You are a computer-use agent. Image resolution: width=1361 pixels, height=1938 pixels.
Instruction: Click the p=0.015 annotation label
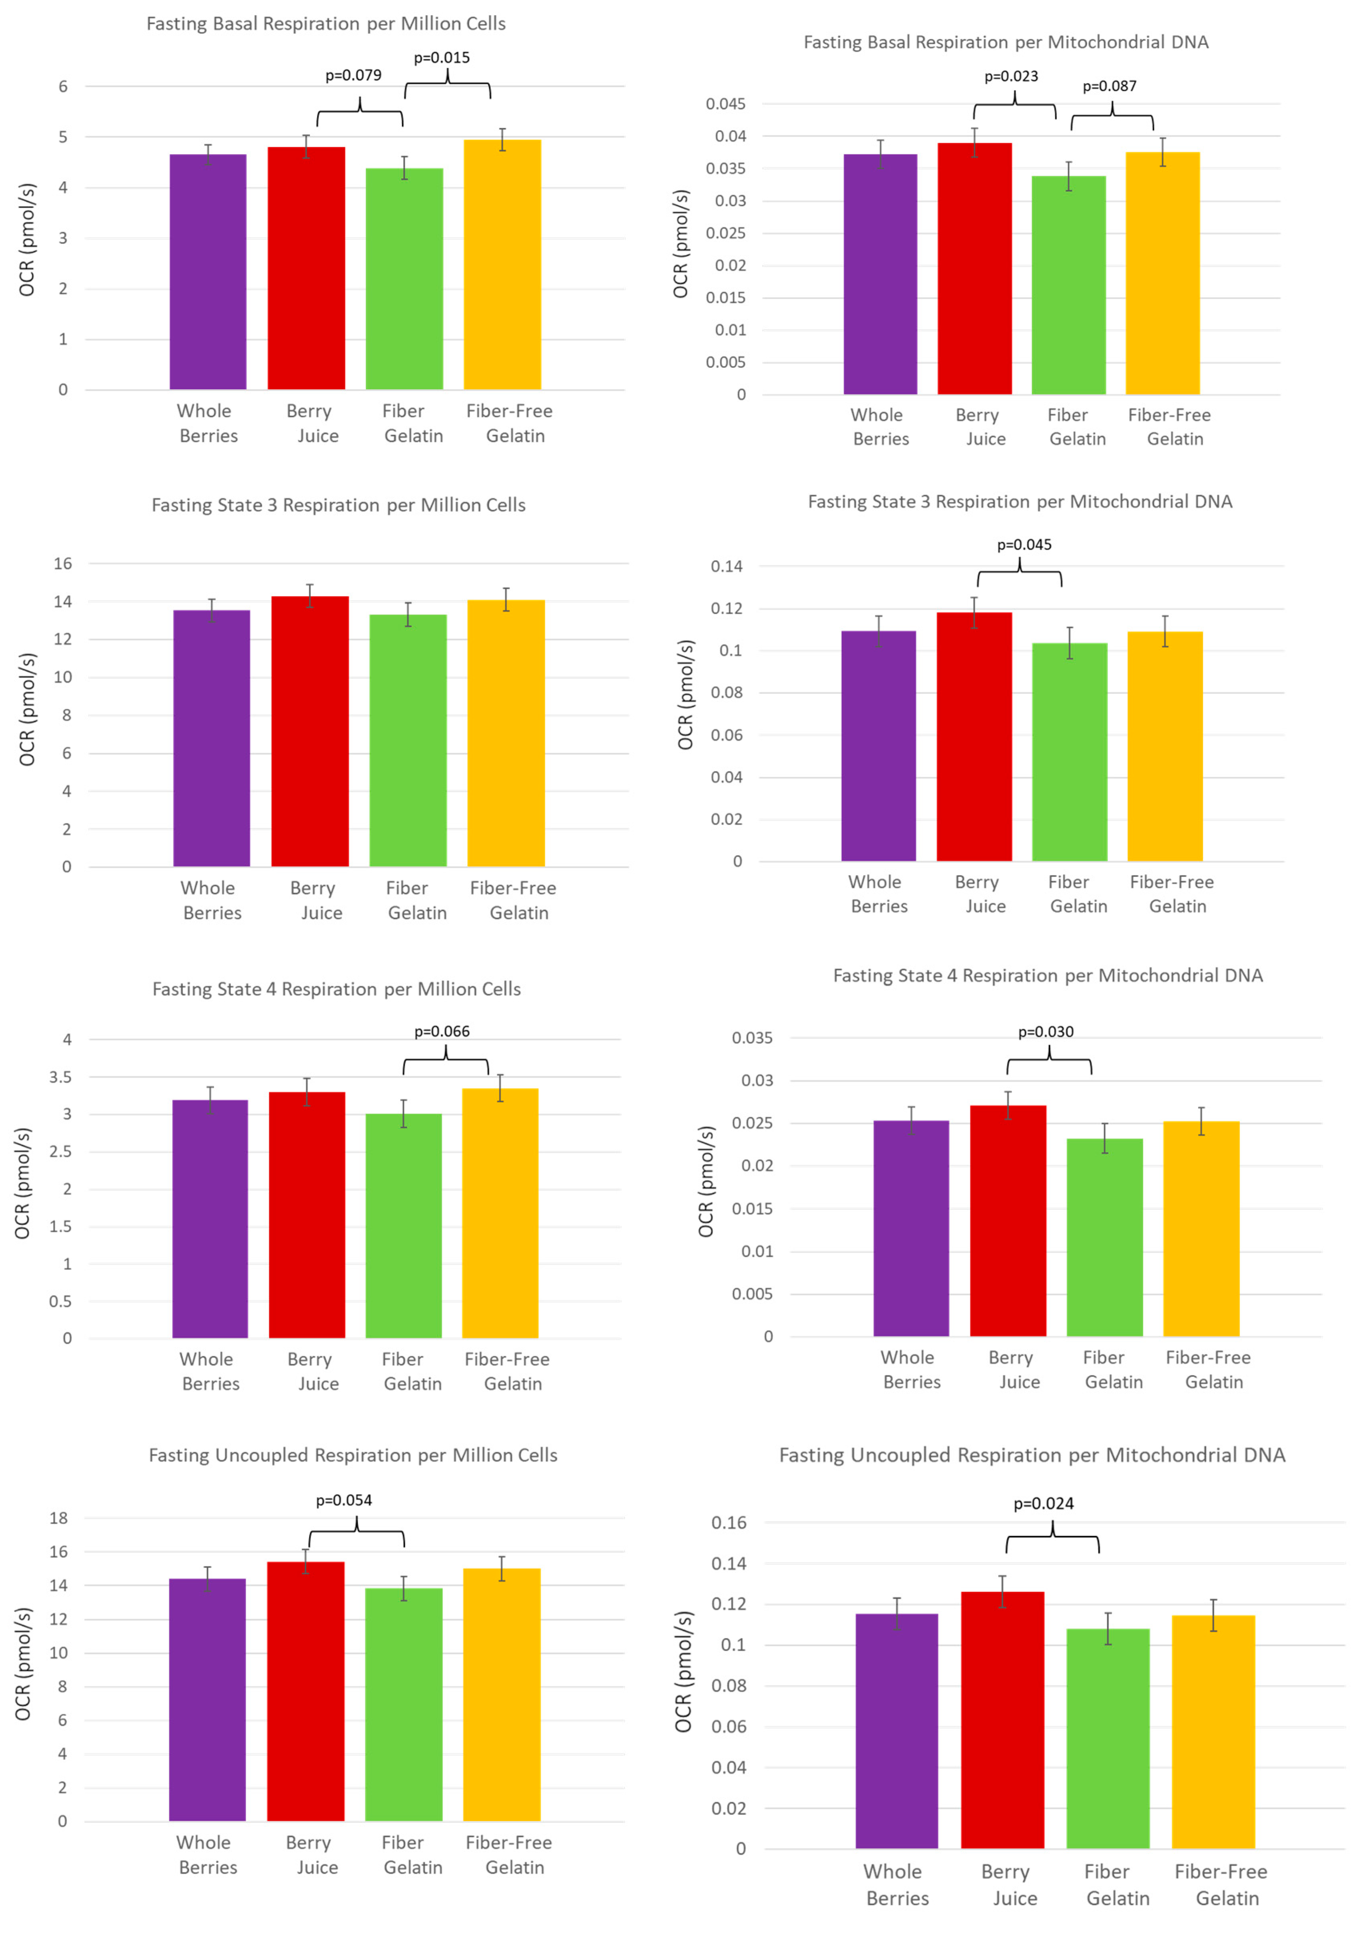442,58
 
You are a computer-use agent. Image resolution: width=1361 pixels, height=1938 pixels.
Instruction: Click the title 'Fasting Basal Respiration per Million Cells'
326,24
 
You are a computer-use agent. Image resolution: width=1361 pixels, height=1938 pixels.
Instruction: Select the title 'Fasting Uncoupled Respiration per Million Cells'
353,1455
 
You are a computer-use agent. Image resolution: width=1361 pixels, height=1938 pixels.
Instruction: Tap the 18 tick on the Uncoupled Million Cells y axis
58,1518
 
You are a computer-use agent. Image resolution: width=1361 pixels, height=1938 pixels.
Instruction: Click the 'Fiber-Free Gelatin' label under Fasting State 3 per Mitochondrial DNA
1172,894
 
